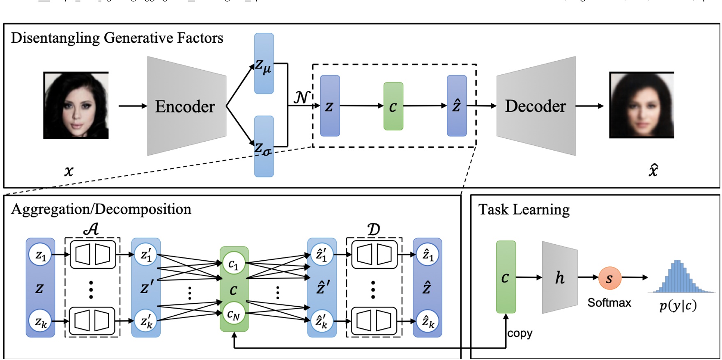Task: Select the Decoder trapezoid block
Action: coord(536,106)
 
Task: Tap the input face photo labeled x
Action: coord(76,105)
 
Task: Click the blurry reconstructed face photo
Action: coord(642,105)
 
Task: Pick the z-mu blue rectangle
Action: coord(264,64)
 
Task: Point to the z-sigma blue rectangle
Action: coord(264,147)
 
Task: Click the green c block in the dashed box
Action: coord(393,106)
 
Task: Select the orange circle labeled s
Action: coord(609,278)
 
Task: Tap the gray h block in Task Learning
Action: coord(560,278)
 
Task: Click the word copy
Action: coord(520,333)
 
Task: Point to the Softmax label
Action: coord(609,303)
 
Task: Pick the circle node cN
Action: coord(233,314)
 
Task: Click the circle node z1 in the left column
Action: coord(40,255)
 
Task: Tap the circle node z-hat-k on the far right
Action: coord(428,321)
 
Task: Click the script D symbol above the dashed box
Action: coord(373,229)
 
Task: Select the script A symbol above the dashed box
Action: coord(91,229)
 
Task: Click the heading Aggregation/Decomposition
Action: coord(101,209)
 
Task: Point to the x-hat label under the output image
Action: coord(653,170)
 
